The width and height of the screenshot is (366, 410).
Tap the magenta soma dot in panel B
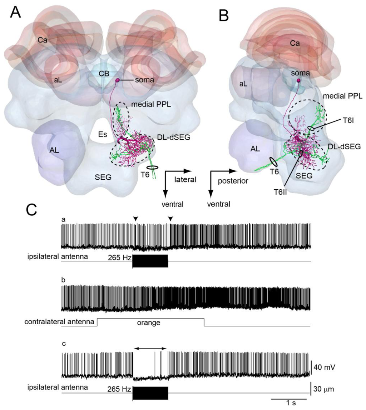[298, 81]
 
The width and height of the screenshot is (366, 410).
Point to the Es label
[101, 134]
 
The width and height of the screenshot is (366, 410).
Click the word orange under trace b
[148, 323]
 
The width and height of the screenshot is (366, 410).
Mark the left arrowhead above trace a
[135, 219]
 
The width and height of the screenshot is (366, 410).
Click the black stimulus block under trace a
[150, 261]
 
